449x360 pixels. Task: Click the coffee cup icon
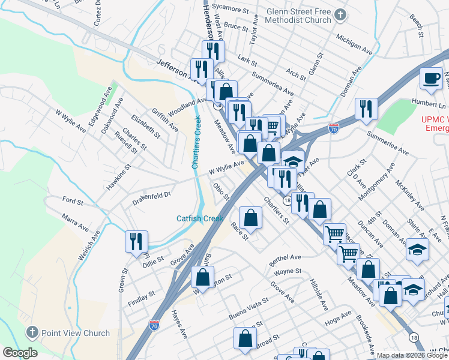coord(430,79)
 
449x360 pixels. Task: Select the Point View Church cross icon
coord(32,332)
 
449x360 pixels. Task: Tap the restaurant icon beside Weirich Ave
coord(136,241)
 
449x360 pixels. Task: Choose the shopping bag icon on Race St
coord(250,217)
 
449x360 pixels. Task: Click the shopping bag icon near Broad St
coord(245,338)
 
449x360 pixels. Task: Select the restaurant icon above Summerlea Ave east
coord(366,109)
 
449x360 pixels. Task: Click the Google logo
coord(20,353)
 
